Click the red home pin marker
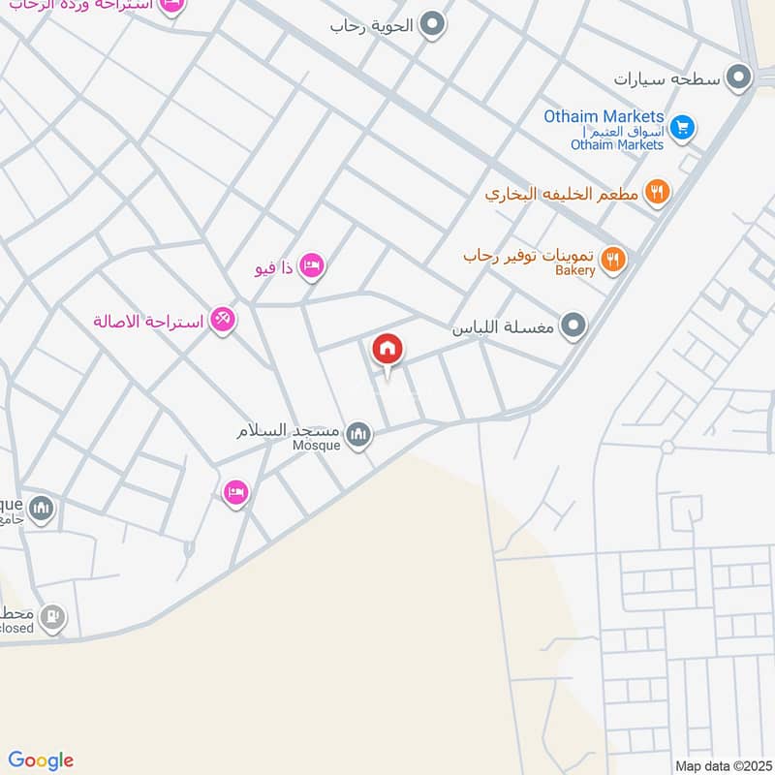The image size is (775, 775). click(387, 350)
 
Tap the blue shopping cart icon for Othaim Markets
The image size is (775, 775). click(682, 128)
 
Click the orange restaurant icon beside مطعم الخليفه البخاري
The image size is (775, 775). click(658, 193)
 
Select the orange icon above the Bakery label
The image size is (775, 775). click(612, 258)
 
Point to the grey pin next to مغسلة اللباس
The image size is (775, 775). click(573, 327)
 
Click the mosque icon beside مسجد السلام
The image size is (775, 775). click(358, 435)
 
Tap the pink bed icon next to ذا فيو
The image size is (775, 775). click(311, 265)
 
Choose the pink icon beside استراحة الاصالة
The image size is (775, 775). click(223, 320)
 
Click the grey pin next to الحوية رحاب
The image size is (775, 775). click(432, 25)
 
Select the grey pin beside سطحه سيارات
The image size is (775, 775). click(740, 77)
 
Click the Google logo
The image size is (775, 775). click(41, 760)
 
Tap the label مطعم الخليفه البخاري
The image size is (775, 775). click(562, 194)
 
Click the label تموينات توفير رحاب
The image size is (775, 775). click(529, 256)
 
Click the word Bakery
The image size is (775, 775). click(575, 271)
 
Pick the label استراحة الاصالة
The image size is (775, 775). click(148, 321)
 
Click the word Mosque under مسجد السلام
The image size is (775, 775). click(317, 446)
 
